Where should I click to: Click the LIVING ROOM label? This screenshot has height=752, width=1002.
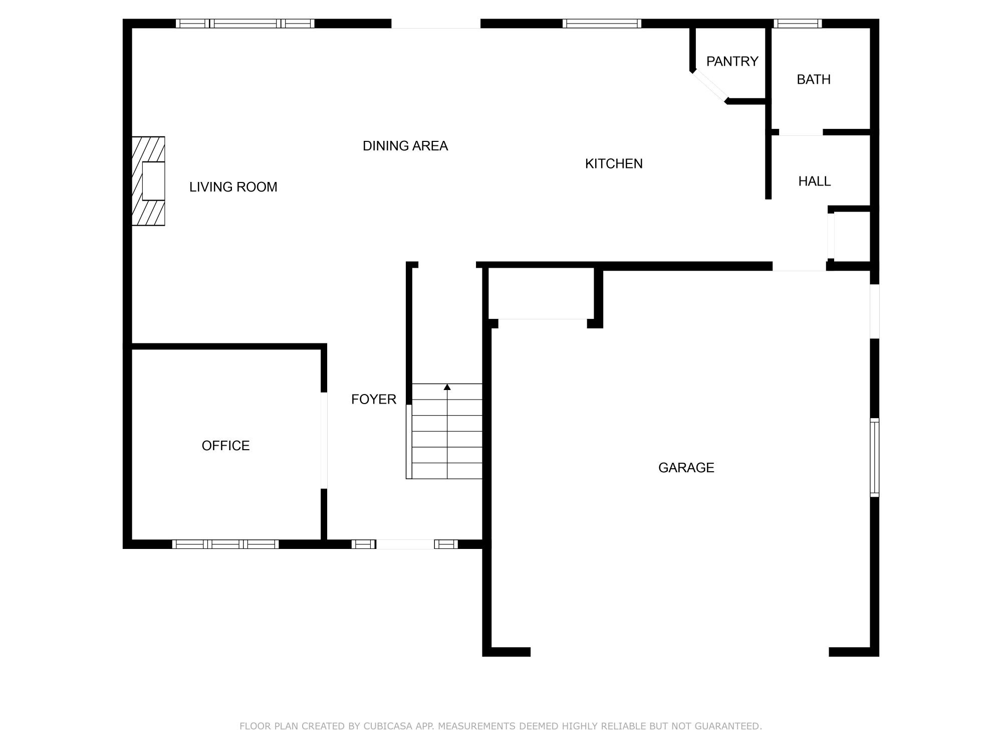(x=233, y=187)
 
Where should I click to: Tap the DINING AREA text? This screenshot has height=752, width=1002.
(x=405, y=146)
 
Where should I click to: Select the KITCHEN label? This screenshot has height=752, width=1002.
(x=613, y=163)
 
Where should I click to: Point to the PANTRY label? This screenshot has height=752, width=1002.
(x=732, y=61)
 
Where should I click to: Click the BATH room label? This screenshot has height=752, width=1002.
(x=813, y=79)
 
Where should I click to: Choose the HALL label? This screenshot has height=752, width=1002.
(x=814, y=181)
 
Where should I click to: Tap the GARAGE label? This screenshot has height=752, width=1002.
(x=686, y=468)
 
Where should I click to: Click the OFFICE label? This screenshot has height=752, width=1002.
(x=225, y=446)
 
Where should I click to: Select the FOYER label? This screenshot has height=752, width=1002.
(x=373, y=399)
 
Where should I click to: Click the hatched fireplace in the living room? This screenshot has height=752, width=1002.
(x=148, y=181)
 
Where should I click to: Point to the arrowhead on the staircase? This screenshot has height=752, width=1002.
(x=447, y=387)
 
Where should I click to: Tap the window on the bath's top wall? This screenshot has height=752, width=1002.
(x=798, y=24)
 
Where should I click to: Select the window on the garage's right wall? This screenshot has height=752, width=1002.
(x=874, y=457)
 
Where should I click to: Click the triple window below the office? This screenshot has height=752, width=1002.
(x=225, y=544)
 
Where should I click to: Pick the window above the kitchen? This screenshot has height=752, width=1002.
(x=601, y=24)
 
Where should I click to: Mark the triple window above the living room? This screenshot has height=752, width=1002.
(x=245, y=24)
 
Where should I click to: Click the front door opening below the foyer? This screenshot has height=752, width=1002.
(x=405, y=544)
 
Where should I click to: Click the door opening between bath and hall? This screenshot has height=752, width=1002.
(x=801, y=133)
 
